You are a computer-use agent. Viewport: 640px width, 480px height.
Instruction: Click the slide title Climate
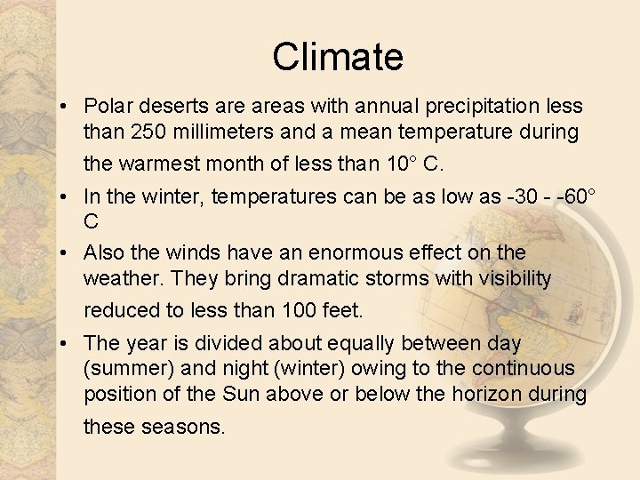[x=338, y=57]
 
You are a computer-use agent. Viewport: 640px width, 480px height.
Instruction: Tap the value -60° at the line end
[x=579, y=196]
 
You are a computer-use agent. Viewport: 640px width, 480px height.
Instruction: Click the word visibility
[x=504, y=279]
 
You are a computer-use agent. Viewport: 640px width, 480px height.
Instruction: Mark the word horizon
[x=493, y=394]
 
